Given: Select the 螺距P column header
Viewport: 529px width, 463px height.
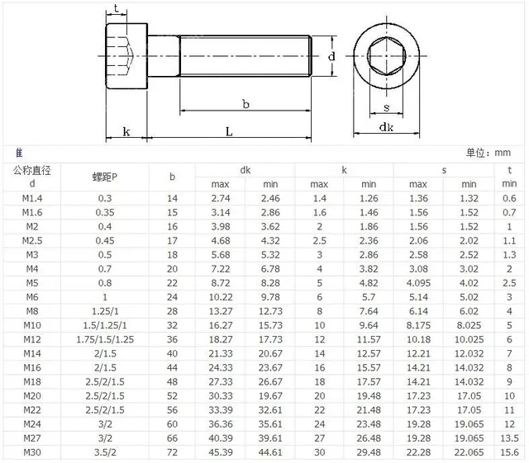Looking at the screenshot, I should pyautogui.click(x=105, y=177).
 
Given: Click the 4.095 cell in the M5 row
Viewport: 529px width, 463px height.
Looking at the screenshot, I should pyautogui.click(x=418, y=283).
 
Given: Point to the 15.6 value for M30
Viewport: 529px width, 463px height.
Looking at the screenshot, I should pyautogui.click(x=509, y=453).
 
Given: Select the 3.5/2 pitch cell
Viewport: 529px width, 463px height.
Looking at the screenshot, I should pyautogui.click(x=105, y=453).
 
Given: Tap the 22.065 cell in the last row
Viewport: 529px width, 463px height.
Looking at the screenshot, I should pyautogui.click(x=469, y=453).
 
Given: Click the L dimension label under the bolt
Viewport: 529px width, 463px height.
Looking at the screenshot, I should pyautogui.click(x=228, y=131).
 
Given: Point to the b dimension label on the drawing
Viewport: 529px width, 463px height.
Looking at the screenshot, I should pyautogui.click(x=245, y=103).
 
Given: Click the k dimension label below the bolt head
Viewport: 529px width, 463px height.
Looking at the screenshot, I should pyautogui.click(x=126, y=131).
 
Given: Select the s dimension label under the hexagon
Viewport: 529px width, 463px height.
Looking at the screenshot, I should pyautogui.click(x=386, y=107).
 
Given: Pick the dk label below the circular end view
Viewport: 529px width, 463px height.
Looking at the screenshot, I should pyautogui.click(x=385, y=128).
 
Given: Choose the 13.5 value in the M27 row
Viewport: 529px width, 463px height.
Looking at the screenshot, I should pyautogui.click(x=509, y=437).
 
